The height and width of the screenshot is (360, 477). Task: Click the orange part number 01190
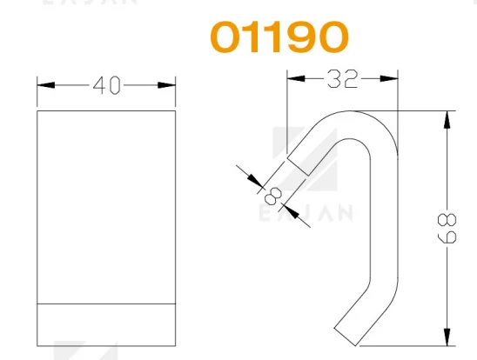click(x=279, y=37)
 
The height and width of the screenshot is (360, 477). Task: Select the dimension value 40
click(x=107, y=85)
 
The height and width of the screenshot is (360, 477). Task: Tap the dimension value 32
click(x=342, y=79)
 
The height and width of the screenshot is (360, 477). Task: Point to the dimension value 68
click(x=447, y=229)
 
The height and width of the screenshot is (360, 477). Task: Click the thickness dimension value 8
click(x=272, y=196)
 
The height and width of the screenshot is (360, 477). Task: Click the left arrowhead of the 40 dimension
click(x=46, y=85)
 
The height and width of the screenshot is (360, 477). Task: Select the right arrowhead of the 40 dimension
click(x=167, y=85)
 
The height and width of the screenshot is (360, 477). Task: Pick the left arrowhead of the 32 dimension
click(x=296, y=78)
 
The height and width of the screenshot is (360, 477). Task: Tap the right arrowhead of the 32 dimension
click(x=389, y=78)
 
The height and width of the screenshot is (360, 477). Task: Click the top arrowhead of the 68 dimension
click(x=447, y=120)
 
